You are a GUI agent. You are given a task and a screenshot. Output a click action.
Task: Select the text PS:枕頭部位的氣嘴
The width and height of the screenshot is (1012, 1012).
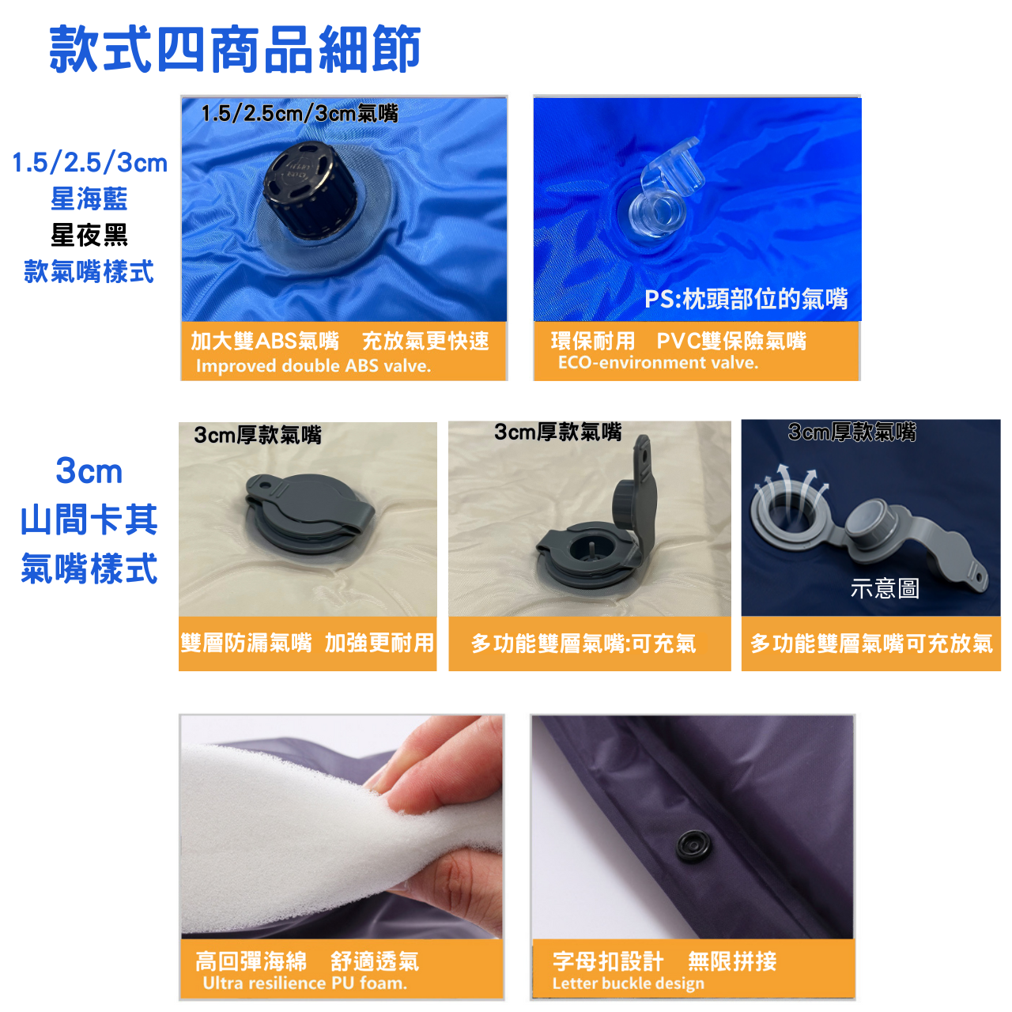tap(746, 299)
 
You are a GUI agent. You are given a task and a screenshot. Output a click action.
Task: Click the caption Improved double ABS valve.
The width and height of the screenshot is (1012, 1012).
tap(313, 365)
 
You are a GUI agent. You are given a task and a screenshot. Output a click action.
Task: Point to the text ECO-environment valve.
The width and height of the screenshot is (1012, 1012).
tap(658, 362)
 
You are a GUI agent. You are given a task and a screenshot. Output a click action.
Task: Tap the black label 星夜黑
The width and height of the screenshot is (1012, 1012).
tap(89, 234)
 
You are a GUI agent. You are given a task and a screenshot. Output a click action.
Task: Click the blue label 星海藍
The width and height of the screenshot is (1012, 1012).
tap(89, 198)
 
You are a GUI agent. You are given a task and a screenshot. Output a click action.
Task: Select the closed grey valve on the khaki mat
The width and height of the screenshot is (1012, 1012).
tap(310, 512)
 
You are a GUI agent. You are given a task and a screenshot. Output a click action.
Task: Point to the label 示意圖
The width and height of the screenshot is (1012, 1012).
tap(885, 588)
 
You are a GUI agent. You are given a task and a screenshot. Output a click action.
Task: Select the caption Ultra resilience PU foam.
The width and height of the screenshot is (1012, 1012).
tap(305, 983)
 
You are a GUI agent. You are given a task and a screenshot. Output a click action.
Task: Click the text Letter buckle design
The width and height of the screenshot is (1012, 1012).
tap(628, 983)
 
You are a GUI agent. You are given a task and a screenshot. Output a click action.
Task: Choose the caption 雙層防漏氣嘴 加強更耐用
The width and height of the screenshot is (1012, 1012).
tap(308, 643)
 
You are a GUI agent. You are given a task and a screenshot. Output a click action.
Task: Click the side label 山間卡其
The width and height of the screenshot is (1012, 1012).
tap(89, 519)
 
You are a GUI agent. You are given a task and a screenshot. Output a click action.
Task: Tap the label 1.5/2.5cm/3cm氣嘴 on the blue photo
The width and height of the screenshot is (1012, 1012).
tap(300, 113)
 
